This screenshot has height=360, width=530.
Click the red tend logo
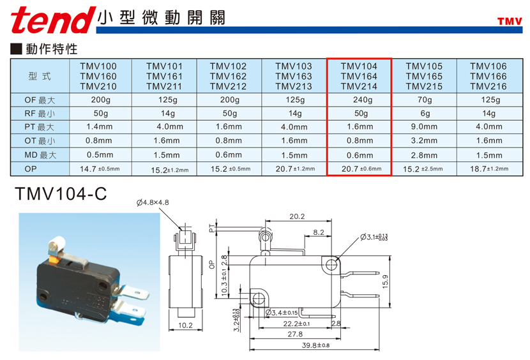tap(53, 20)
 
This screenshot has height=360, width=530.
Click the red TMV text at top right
tap(510, 22)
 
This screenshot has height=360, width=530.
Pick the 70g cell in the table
tap(425, 100)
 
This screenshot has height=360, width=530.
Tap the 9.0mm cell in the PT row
tap(424, 127)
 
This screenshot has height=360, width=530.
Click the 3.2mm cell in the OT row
tap(424, 140)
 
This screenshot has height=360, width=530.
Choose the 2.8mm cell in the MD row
tap(424, 155)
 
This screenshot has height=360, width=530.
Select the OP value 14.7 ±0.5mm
tap(100, 169)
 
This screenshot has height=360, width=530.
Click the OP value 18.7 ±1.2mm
tap(489, 169)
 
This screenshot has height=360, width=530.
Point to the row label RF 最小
tap(40, 114)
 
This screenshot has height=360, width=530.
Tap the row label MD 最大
tap(40, 155)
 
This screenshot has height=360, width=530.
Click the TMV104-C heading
tap(61, 194)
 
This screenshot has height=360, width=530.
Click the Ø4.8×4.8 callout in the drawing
tap(153, 202)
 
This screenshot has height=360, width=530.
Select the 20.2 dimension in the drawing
tap(297, 216)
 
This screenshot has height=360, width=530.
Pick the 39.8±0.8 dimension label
tap(315, 345)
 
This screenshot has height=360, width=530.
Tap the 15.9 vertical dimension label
tap(385, 281)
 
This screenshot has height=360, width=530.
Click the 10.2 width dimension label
tap(185, 325)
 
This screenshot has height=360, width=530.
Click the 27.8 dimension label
tap(295, 334)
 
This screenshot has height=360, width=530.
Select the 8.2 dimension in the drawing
tap(319, 232)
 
